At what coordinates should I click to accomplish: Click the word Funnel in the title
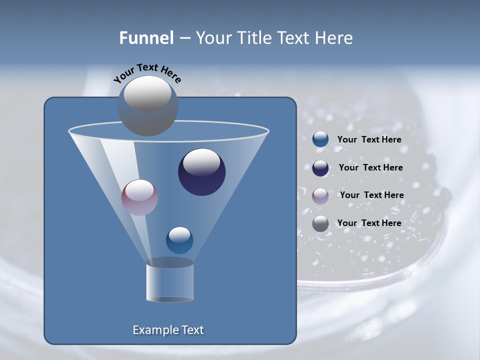146,38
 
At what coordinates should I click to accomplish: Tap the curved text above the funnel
147,72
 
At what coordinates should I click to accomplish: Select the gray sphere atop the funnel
147,105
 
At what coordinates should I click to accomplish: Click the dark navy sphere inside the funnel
202,172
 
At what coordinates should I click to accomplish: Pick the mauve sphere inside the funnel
140,197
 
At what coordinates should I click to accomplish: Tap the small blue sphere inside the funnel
179,240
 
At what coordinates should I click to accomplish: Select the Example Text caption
168,330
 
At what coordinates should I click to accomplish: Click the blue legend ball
320,139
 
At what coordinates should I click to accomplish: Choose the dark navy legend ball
320,168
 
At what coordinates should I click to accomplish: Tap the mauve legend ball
320,195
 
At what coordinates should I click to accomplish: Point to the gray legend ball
320,223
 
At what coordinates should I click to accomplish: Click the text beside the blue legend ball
369,140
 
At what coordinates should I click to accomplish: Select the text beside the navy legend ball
370,168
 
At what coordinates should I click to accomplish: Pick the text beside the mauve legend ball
371,195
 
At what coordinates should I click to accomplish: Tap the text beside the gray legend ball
369,223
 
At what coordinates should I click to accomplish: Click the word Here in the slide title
335,38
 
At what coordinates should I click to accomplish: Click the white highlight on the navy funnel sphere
202,161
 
